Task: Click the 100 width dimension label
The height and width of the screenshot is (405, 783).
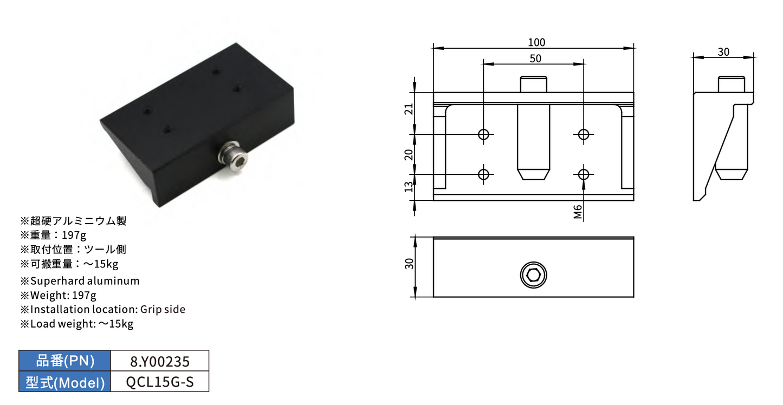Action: (536, 43)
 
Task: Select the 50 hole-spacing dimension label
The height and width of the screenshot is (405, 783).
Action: (535, 58)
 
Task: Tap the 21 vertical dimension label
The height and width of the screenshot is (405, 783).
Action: (409, 109)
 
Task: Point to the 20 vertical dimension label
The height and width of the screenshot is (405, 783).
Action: (409, 154)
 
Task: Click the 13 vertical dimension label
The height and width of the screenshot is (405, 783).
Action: (409, 187)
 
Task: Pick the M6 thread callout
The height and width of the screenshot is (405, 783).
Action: (578, 212)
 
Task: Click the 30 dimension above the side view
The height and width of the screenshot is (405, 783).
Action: (723, 52)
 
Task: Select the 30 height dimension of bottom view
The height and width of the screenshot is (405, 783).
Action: (409, 264)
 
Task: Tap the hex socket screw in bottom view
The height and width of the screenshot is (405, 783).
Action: (533, 275)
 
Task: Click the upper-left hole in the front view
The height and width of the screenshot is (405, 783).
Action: (484, 134)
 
